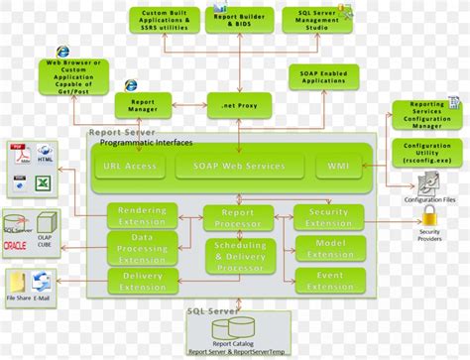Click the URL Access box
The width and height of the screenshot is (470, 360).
click(x=130, y=167)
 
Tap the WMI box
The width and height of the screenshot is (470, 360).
click(x=332, y=167)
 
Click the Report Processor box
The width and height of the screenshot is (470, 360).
click(x=238, y=218)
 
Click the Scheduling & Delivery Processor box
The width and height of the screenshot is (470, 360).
click(x=238, y=257)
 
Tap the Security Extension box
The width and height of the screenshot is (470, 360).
click(x=328, y=217)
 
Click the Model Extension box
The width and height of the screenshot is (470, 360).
click(x=328, y=248)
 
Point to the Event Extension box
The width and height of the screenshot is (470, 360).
click(x=328, y=281)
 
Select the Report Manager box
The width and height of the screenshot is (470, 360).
click(x=143, y=104)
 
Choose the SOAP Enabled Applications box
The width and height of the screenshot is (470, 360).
click(x=322, y=77)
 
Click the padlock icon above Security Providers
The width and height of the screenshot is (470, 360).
click(x=430, y=215)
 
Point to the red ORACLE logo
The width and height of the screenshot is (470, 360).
click(x=16, y=246)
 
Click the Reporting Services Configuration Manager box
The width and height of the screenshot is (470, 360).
click(x=427, y=114)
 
